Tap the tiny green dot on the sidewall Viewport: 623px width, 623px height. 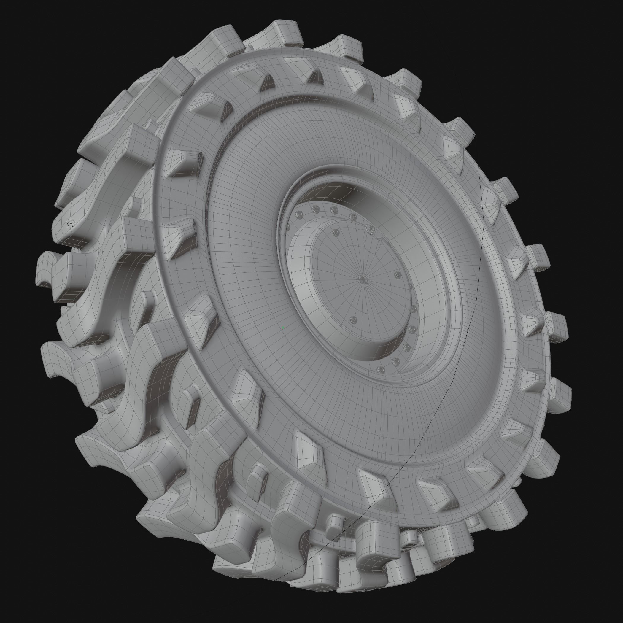click(283, 328)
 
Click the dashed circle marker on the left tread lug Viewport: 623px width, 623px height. click(70, 223)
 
